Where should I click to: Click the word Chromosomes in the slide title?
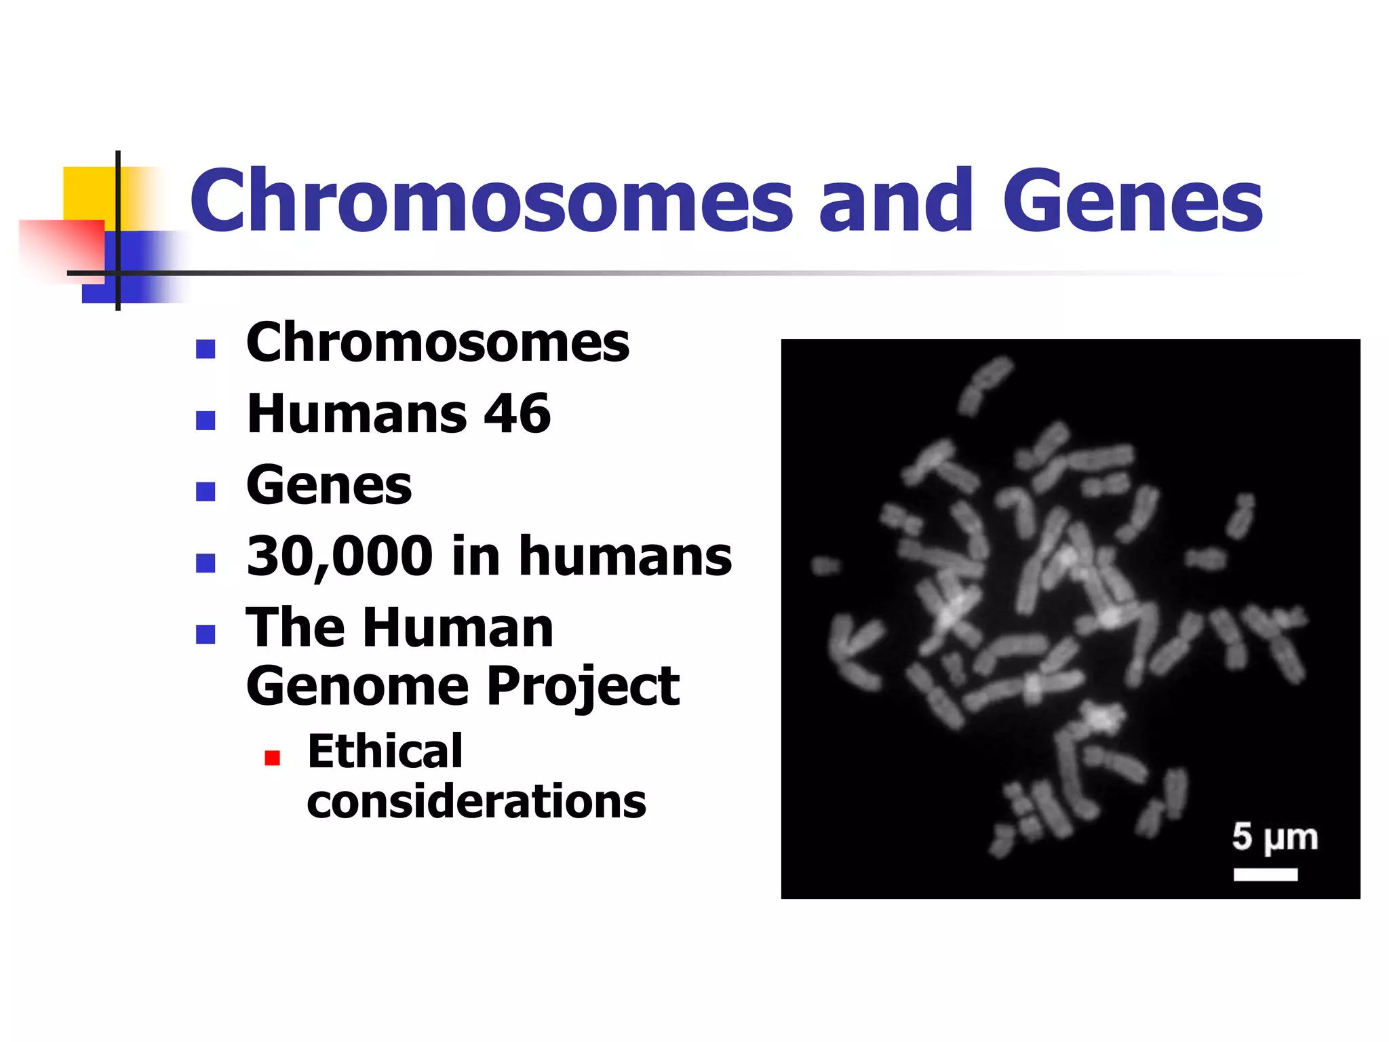[491, 201]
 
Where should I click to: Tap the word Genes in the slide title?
[1132, 201]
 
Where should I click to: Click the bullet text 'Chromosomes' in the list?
[437, 343]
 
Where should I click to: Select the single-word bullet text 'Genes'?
[329, 485]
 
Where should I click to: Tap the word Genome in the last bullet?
[357, 687]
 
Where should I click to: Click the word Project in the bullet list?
[583, 687]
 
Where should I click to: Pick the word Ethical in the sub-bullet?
[385, 752]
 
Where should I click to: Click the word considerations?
[476, 802]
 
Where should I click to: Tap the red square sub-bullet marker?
[272, 758]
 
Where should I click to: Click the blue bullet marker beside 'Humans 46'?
[206, 421]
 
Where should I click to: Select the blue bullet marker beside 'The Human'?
[206, 634]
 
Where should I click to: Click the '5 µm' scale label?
[1274, 837]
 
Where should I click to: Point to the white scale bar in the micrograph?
[1266, 874]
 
